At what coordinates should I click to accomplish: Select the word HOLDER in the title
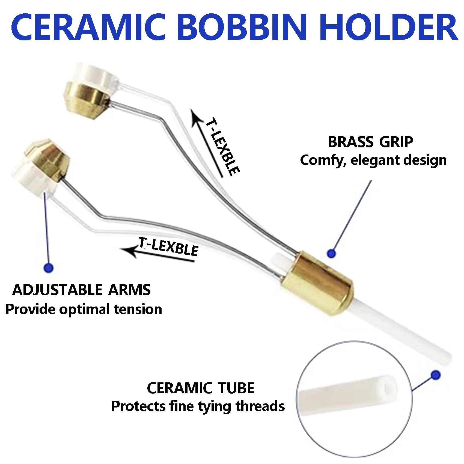[x=388, y=27]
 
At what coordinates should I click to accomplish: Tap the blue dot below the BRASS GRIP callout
[x=331, y=254]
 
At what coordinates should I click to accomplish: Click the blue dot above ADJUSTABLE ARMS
[x=49, y=268]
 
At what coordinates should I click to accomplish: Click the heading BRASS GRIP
[x=370, y=142]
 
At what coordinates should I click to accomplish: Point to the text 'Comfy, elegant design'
[x=373, y=160]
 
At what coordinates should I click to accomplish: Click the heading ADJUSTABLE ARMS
[x=81, y=290]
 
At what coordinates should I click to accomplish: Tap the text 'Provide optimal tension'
[x=84, y=310]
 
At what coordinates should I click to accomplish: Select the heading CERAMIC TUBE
[x=201, y=388]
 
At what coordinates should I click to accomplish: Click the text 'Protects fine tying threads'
[x=198, y=406]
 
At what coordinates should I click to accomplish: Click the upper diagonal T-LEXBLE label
[x=222, y=146]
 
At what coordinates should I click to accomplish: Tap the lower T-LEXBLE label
[x=168, y=247]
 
